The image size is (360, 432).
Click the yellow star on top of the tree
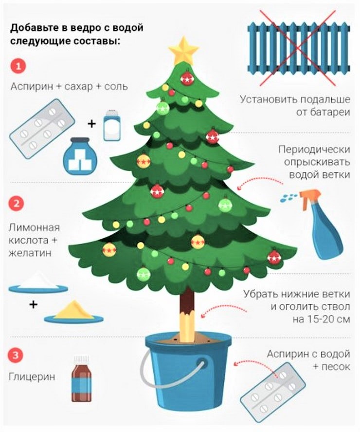tap(183, 50)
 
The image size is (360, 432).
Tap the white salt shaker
tap(111, 125)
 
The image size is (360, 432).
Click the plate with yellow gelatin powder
tap(74, 316)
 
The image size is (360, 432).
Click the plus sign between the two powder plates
tap(33, 305)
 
